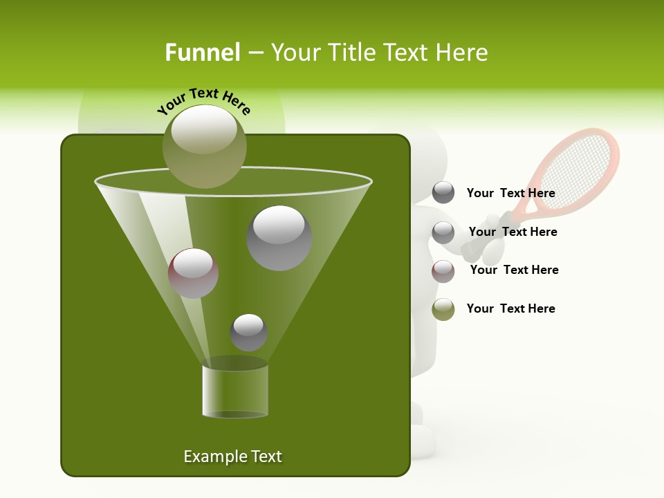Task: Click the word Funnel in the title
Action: [x=202, y=53]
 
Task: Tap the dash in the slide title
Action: [x=254, y=53]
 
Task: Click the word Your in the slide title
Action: [x=295, y=53]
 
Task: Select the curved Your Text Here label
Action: [x=204, y=100]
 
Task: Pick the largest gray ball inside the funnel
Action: [x=279, y=238]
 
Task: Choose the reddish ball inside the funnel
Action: [x=193, y=273]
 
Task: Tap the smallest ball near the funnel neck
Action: [x=248, y=333]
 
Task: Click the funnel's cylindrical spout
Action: [x=235, y=391]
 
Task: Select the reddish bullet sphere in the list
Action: [x=443, y=271]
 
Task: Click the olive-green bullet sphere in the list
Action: [x=443, y=309]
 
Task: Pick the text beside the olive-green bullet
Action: [x=510, y=308]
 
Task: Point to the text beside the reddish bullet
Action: [x=514, y=270]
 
